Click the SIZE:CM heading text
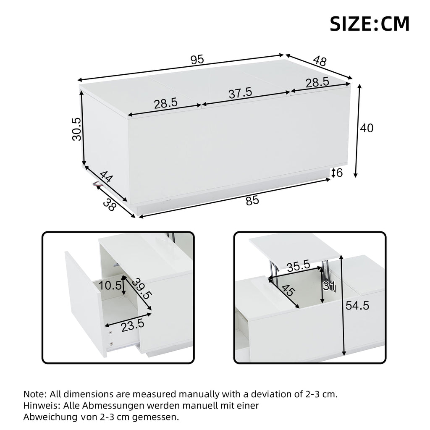(370, 24)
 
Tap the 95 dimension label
(197, 59)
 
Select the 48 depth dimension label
(320, 61)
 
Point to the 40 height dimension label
(367, 128)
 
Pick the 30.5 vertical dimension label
(77, 129)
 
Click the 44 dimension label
(105, 177)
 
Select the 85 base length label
(252, 200)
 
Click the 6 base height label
(339, 173)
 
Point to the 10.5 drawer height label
(110, 286)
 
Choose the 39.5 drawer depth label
(142, 289)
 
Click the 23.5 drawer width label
(133, 325)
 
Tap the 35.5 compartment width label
(299, 266)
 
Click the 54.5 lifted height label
(357, 305)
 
